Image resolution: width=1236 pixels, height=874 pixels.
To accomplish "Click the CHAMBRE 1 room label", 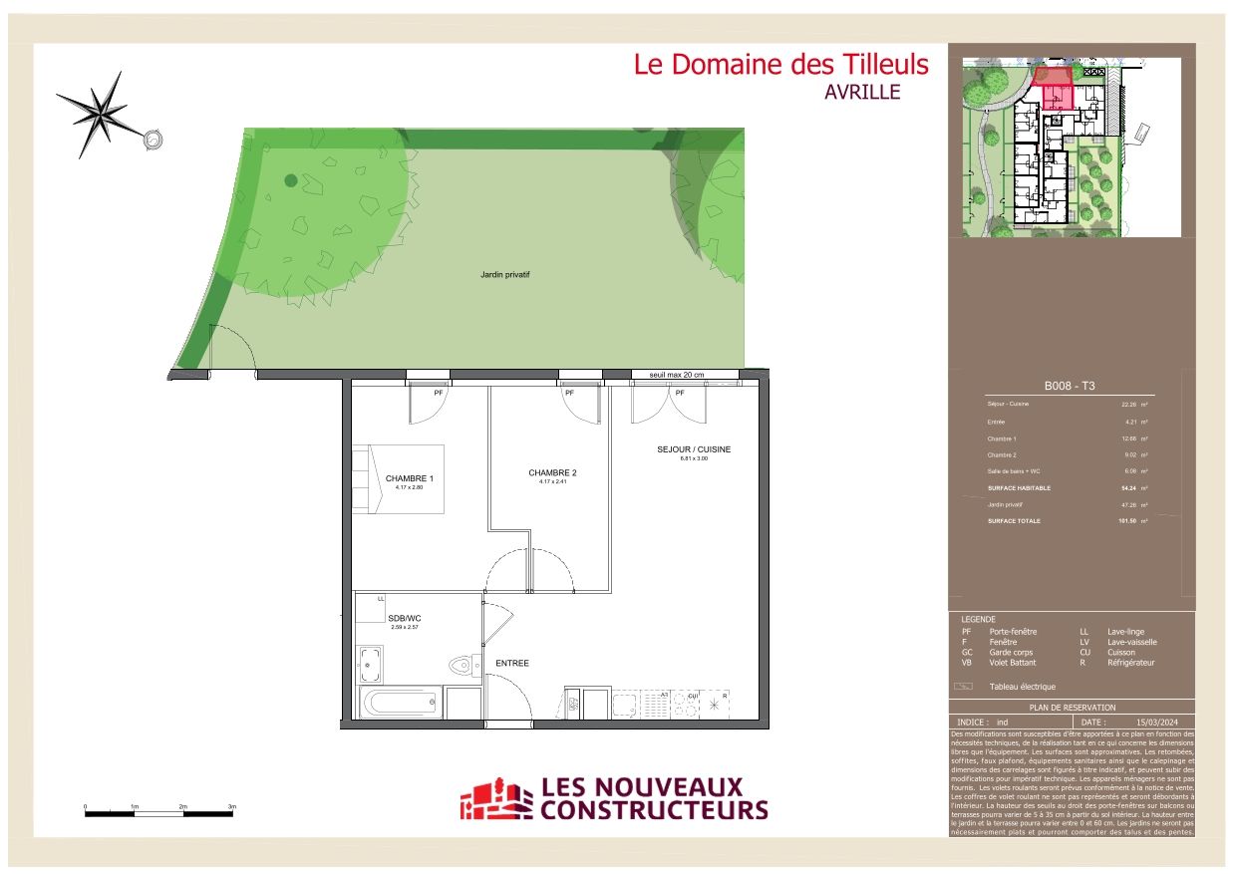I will (409, 479).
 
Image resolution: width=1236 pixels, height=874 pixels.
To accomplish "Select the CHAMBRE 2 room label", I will (552, 473).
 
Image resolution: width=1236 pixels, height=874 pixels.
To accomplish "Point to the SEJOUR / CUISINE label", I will (693, 449).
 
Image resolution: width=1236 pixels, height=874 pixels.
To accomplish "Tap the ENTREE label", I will (511, 663).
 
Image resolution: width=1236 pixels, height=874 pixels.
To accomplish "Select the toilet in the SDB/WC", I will (463, 666).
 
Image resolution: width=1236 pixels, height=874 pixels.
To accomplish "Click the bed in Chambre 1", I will (397, 479).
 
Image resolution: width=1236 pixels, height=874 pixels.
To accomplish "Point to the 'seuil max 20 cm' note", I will (677, 375).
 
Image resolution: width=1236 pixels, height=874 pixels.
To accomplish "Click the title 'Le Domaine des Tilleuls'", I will (780, 66).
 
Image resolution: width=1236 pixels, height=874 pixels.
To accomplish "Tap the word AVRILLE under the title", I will (862, 93).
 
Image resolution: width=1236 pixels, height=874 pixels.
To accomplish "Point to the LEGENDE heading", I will (978, 619).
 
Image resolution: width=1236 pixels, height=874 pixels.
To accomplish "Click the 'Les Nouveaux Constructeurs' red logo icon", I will (495, 799).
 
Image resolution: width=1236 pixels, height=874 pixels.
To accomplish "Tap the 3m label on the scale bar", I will (232, 805).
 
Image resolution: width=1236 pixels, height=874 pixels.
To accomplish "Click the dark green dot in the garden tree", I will (290, 180).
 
